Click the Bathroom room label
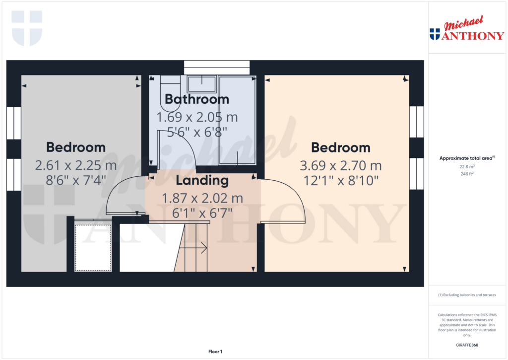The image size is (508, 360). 197,99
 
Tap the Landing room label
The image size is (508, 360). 202,180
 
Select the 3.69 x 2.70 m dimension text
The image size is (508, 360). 340,166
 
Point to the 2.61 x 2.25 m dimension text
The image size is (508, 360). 76,165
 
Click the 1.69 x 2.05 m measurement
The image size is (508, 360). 197,118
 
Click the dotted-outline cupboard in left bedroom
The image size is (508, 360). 93,247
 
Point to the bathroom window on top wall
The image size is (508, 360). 216,67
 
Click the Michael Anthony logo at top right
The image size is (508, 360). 466,31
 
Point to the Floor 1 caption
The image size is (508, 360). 215,352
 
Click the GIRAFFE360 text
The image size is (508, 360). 466,345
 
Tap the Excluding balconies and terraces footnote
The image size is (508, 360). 466,295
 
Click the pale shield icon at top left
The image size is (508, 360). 27,28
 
